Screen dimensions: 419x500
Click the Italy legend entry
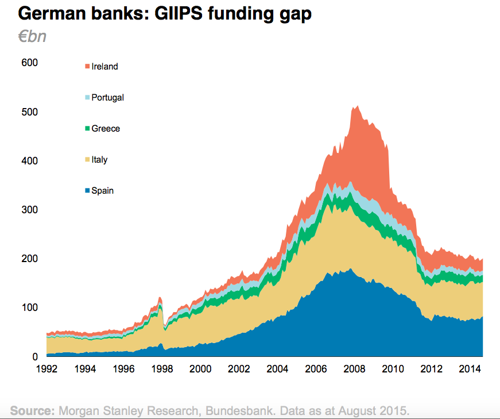99,160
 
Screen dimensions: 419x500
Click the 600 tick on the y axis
29,63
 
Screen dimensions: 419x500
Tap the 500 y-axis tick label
29,112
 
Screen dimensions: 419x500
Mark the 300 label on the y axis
29,210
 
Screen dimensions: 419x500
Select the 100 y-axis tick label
29,307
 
